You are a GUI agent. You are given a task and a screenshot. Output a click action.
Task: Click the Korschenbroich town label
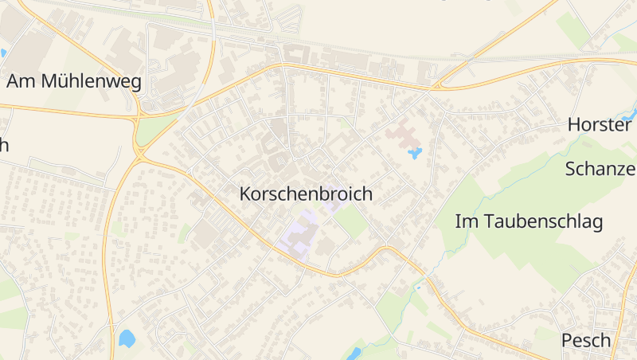click(306, 194)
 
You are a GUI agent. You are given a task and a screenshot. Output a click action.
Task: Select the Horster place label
click(600, 125)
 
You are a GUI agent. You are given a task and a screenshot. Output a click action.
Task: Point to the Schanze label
click(600, 169)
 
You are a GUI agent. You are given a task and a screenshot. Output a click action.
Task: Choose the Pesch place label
click(586, 341)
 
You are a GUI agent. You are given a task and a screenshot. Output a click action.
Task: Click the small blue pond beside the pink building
click(414, 152)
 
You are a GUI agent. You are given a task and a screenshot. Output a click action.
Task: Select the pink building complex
click(402, 132)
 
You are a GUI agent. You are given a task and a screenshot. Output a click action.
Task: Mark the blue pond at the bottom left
click(127, 338)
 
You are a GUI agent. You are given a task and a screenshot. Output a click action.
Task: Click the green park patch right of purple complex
click(350, 223)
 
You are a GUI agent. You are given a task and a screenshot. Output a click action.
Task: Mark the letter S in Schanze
click(571, 169)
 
